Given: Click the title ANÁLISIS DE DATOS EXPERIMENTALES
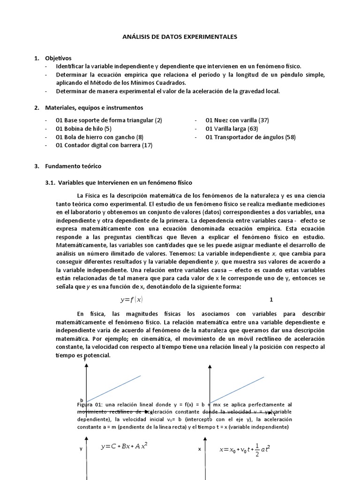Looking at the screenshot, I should click(180, 36).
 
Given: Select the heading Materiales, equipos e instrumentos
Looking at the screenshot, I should click(94, 108).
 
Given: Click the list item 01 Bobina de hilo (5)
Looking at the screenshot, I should click(83, 128).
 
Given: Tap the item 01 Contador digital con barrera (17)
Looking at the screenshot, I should click(104, 145).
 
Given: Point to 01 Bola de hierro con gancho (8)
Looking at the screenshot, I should click(99, 137).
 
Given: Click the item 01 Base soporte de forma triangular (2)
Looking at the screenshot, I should click(109, 120).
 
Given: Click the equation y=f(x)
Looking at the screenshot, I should click(132, 300).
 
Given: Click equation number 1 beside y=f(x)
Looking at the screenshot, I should click(271, 300).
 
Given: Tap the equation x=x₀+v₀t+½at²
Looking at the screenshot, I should click(245, 449).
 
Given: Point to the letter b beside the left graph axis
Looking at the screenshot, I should click(81, 400).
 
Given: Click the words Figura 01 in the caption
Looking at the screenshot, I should click(85, 404).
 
